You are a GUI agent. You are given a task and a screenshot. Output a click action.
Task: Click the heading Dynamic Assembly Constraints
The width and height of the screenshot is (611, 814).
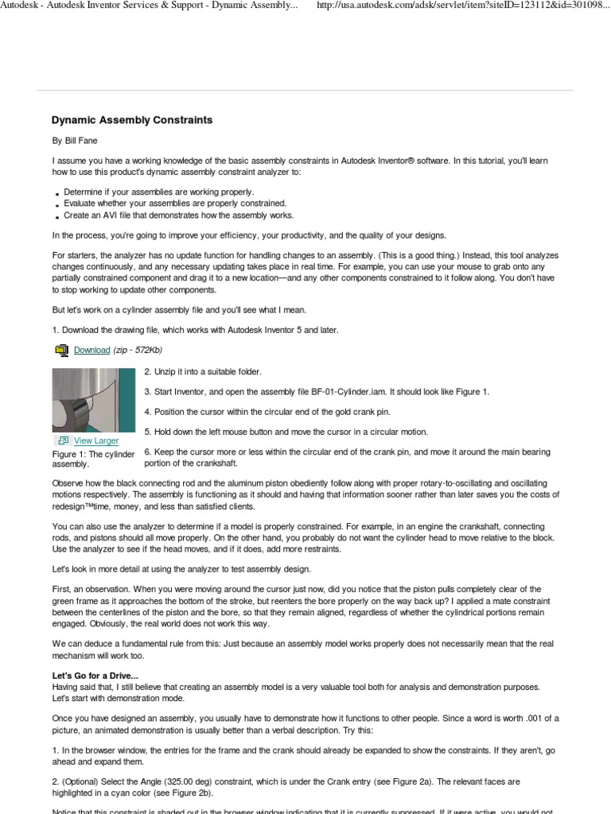pyautogui.click(x=132, y=120)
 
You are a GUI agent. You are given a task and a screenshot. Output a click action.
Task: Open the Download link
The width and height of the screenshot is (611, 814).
pyautogui.click(x=91, y=350)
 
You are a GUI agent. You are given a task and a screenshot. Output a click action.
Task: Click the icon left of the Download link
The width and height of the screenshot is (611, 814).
pyautogui.click(x=62, y=350)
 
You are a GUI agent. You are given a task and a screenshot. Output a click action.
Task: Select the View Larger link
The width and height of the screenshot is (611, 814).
pyautogui.click(x=95, y=440)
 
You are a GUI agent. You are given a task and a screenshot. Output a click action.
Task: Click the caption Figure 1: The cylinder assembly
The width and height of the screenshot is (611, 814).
pyautogui.click(x=92, y=459)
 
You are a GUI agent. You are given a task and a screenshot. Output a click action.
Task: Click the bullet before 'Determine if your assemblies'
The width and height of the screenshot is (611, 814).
pyautogui.click(x=58, y=194)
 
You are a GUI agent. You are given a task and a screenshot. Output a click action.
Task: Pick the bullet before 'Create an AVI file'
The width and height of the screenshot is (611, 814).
pyautogui.click(x=58, y=216)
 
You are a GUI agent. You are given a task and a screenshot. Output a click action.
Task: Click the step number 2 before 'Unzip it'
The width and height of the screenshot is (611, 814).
pyautogui.click(x=147, y=372)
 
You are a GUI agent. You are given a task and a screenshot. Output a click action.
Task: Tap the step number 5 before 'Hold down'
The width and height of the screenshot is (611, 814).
pyautogui.click(x=147, y=432)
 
